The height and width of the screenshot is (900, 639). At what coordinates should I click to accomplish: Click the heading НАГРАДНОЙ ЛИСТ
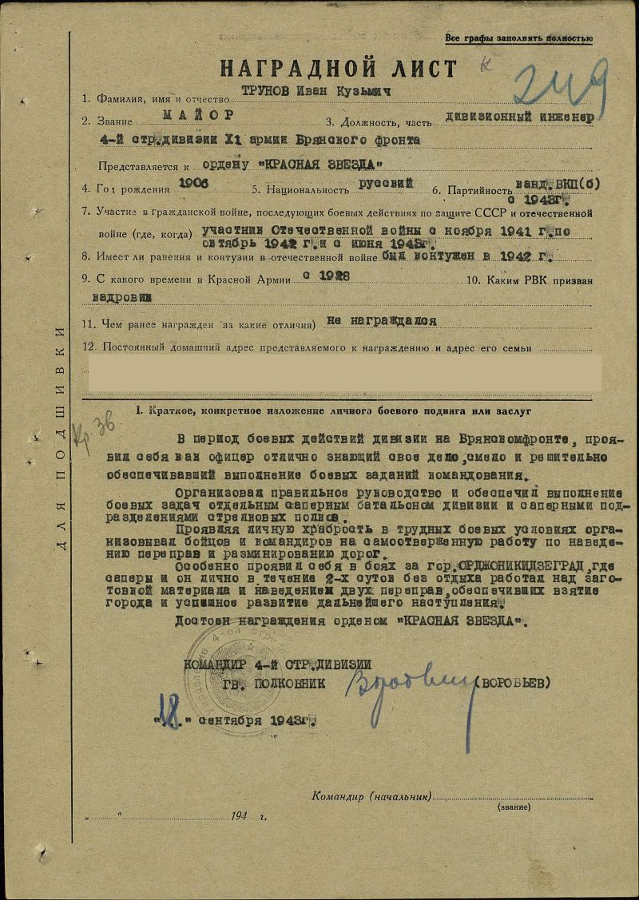point(339,68)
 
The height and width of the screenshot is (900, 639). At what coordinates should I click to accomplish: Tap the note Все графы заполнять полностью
point(518,38)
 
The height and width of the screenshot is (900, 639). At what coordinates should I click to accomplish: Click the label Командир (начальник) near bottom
point(372,796)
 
